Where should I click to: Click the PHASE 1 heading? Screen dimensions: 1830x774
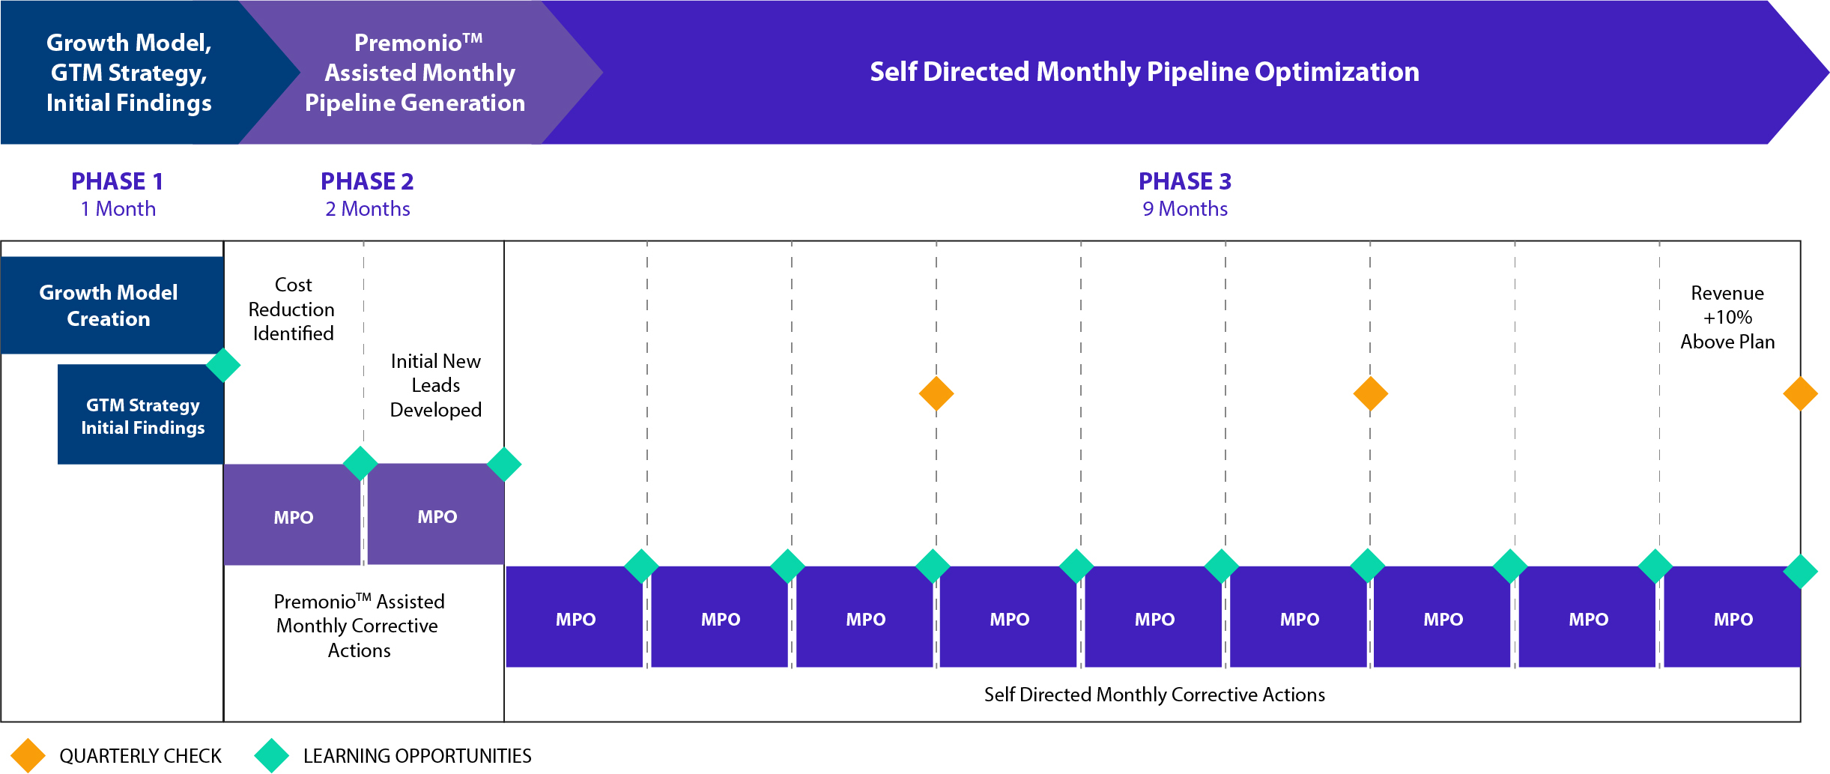(117, 181)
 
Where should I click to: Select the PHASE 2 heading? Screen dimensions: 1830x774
(367, 181)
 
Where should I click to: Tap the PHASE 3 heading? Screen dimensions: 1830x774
(1185, 181)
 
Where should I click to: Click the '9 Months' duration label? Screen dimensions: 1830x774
(1185, 209)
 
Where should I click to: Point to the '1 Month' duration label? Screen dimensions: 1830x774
(118, 209)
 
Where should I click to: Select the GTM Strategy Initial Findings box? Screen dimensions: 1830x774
(141, 414)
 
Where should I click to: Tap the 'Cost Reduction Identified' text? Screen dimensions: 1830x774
(292, 309)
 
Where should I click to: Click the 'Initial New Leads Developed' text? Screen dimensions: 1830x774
(436, 385)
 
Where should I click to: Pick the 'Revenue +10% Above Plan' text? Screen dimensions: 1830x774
(1727, 318)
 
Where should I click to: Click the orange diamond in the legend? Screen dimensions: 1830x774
(28, 755)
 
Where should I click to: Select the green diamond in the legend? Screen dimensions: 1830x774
(272, 755)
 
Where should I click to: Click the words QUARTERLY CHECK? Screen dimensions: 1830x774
(141, 756)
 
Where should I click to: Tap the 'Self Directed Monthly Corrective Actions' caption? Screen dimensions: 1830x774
(1154, 695)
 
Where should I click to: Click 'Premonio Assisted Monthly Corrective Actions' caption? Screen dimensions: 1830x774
(359, 626)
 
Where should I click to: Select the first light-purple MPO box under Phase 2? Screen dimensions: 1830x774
(292, 515)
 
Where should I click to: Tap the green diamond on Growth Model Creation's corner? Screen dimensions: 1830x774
(223, 366)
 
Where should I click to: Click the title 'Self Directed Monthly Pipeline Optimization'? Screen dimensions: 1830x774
(1145, 72)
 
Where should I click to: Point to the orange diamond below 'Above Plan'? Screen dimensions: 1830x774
(1800, 394)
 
